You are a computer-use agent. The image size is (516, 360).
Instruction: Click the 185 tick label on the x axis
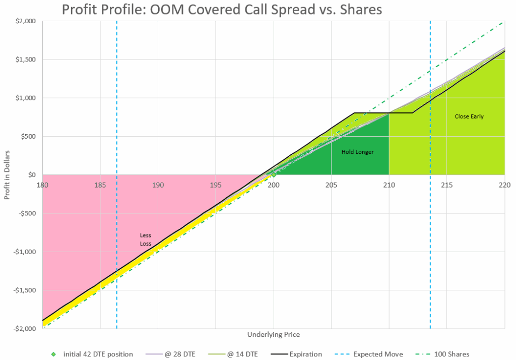coord(100,184)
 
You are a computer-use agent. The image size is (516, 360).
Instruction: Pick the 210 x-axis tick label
coord(389,184)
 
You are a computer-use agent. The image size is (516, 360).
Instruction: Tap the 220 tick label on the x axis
coord(504,184)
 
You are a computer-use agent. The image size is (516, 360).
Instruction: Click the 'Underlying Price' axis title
coord(274,334)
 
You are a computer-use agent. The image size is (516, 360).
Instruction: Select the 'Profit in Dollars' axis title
coord(7,174)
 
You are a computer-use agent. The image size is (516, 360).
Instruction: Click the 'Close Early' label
coord(469,116)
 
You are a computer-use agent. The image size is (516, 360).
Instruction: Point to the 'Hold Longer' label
coord(357,152)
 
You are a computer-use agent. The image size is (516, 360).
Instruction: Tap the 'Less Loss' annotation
coord(145,239)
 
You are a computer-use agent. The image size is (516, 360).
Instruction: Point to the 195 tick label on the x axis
coord(216,184)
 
